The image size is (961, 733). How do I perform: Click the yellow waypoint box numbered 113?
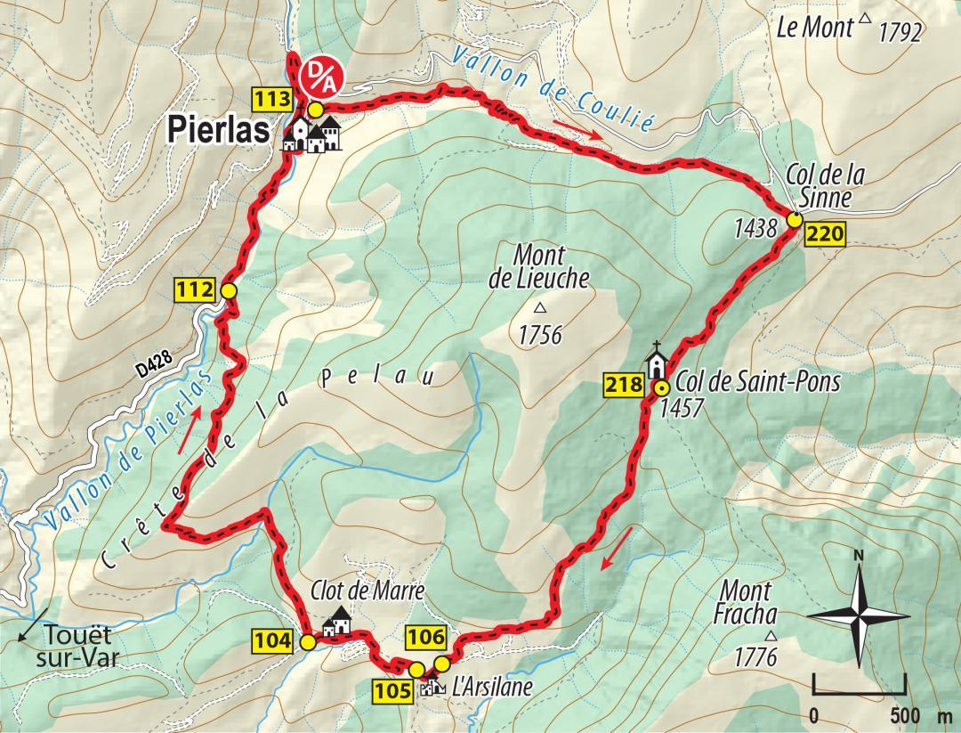[274, 98]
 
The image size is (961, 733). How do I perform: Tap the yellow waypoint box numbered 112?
[196, 289]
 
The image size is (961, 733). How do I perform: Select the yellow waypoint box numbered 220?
[825, 235]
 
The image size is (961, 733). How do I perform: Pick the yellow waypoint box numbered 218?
[624, 386]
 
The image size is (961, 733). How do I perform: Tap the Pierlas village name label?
[219, 131]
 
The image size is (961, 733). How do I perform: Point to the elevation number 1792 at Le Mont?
[900, 34]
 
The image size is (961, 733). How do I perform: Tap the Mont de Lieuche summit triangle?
[539, 309]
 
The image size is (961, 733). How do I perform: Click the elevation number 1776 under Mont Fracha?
[756, 657]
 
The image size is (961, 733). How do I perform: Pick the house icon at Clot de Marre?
[337, 621]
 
